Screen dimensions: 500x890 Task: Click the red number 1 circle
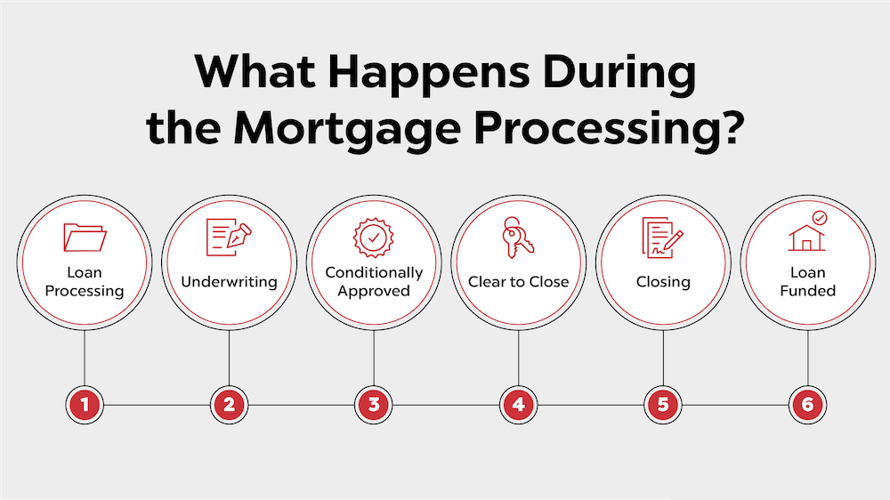85,406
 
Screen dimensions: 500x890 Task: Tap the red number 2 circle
230,406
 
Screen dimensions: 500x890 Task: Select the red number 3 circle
374,406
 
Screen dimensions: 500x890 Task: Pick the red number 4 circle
519,406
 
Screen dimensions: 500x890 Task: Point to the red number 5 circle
663,406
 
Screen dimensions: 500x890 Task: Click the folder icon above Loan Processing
85,238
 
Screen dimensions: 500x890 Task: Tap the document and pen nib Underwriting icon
229,238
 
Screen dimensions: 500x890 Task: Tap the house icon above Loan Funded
807,236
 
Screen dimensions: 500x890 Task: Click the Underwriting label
230,282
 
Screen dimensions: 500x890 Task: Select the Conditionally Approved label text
374,281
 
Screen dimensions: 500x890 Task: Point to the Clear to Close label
519,282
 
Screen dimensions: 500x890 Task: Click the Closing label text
663,282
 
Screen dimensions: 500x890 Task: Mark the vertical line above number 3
374,360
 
